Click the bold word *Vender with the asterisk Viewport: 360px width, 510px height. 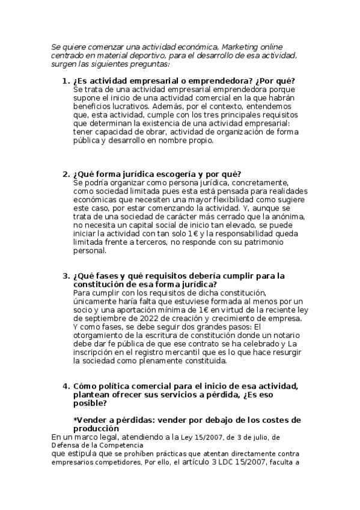tap(93, 420)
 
